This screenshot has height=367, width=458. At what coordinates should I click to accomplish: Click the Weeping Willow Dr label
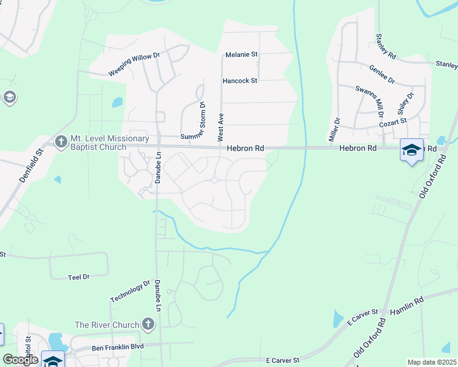point(134,64)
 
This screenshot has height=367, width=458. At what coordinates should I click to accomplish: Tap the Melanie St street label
point(241,54)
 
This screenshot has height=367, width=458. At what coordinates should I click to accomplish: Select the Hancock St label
point(240,80)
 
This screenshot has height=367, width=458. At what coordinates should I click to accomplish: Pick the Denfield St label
point(31,166)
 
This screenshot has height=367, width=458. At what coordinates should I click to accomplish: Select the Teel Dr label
point(79,277)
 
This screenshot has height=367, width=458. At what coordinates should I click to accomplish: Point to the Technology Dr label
point(130,291)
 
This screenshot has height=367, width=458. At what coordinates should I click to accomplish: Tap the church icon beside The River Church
point(147,324)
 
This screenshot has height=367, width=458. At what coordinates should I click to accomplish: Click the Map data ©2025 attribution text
point(432,361)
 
